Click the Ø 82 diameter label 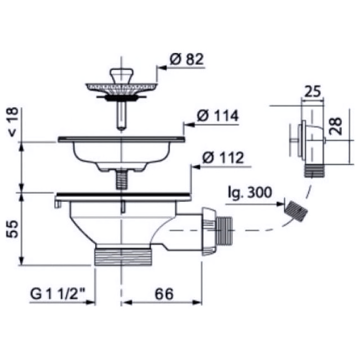[186, 59]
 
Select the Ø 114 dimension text [218, 116]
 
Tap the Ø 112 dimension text [223, 157]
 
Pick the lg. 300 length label [250, 193]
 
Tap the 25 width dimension [312, 92]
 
